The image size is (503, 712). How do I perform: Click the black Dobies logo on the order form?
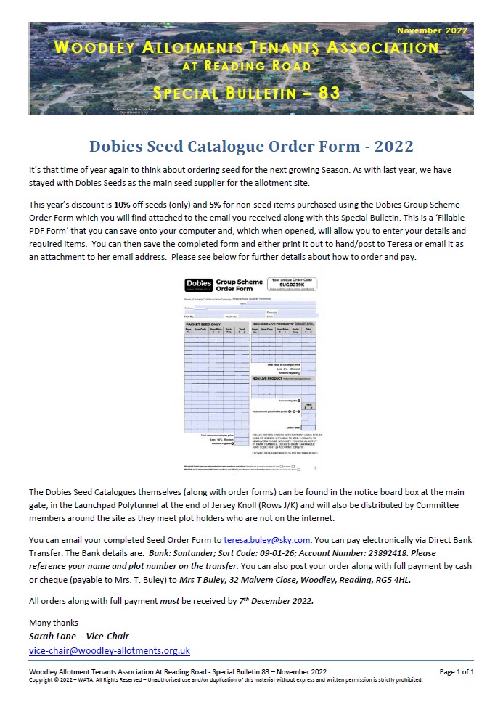click(x=199, y=284)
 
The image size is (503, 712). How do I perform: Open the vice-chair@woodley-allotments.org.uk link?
click(x=109, y=650)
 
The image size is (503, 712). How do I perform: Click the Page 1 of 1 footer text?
click(x=457, y=671)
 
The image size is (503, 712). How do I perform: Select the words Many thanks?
click(x=53, y=623)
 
